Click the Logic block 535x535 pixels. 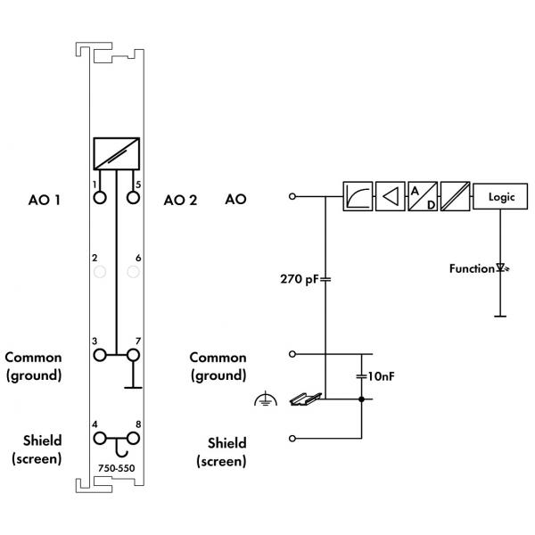pyautogui.click(x=500, y=196)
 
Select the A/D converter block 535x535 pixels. pyautogui.click(x=423, y=196)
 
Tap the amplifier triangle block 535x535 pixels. pyautogui.click(x=390, y=196)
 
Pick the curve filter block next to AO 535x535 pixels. pyautogui.click(x=358, y=196)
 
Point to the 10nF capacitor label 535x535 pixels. pyautogui.click(x=381, y=376)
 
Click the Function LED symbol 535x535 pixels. pyautogui.click(x=502, y=267)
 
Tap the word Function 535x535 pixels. pyautogui.click(x=472, y=269)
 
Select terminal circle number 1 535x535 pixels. pyautogui.click(x=100, y=198)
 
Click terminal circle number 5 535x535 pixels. pyautogui.click(x=133, y=198)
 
